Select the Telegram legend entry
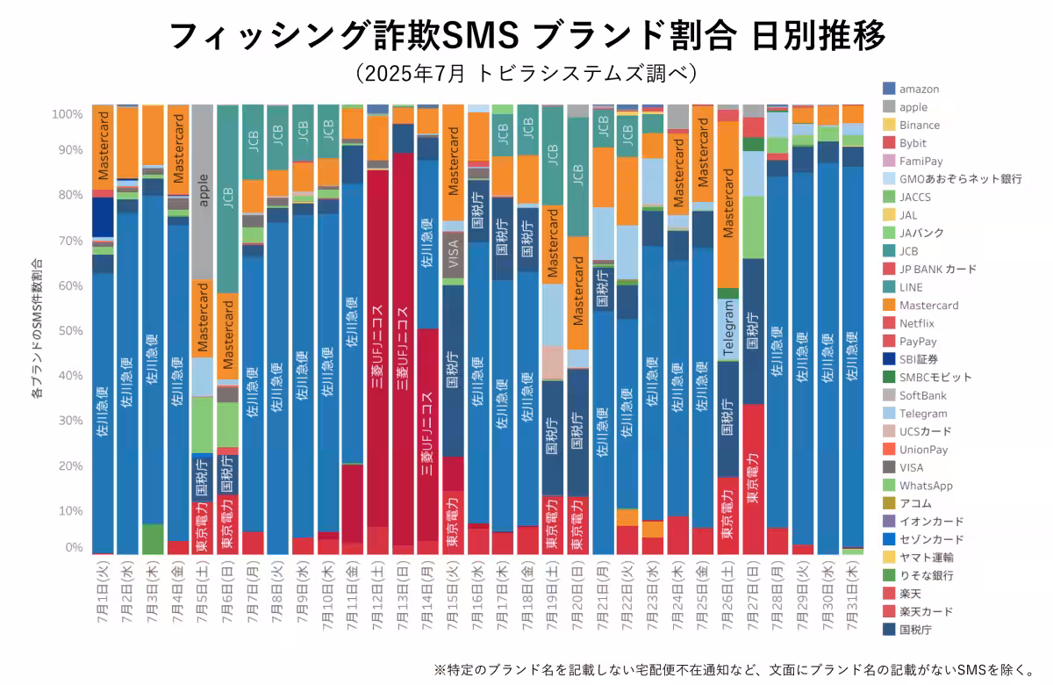pos(922,414)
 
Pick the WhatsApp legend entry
pos(925,486)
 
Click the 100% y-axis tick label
pos(68,114)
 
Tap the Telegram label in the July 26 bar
pos(727,329)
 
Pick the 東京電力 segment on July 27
pos(752,479)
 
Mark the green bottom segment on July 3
pos(153,538)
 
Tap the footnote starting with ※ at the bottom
pos(735,669)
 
